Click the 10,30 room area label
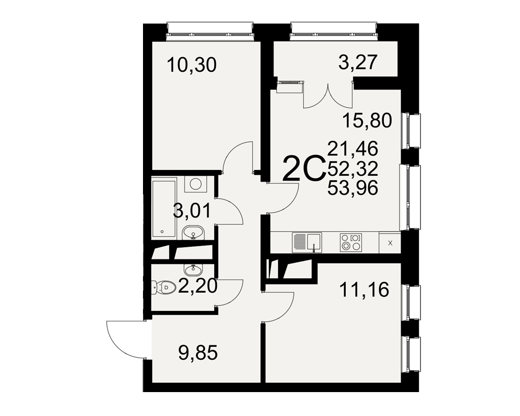pos(192,64)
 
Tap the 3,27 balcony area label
pos(358,62)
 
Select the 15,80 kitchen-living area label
pos(367,121)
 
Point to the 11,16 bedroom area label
pos(364,290)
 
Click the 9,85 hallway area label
pos(198,353)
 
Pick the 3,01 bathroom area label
pos(192,211)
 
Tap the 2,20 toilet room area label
pos(198,287)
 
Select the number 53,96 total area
pos(353,188)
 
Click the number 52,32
pos(353,169)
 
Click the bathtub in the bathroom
pos(163,209)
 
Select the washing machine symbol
pos(196,184)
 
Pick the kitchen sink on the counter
pos(307,242)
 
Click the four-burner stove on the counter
pos(351,242)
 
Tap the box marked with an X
pos(389,243)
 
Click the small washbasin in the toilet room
pos(193,269)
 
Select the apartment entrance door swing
pos(126,339)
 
